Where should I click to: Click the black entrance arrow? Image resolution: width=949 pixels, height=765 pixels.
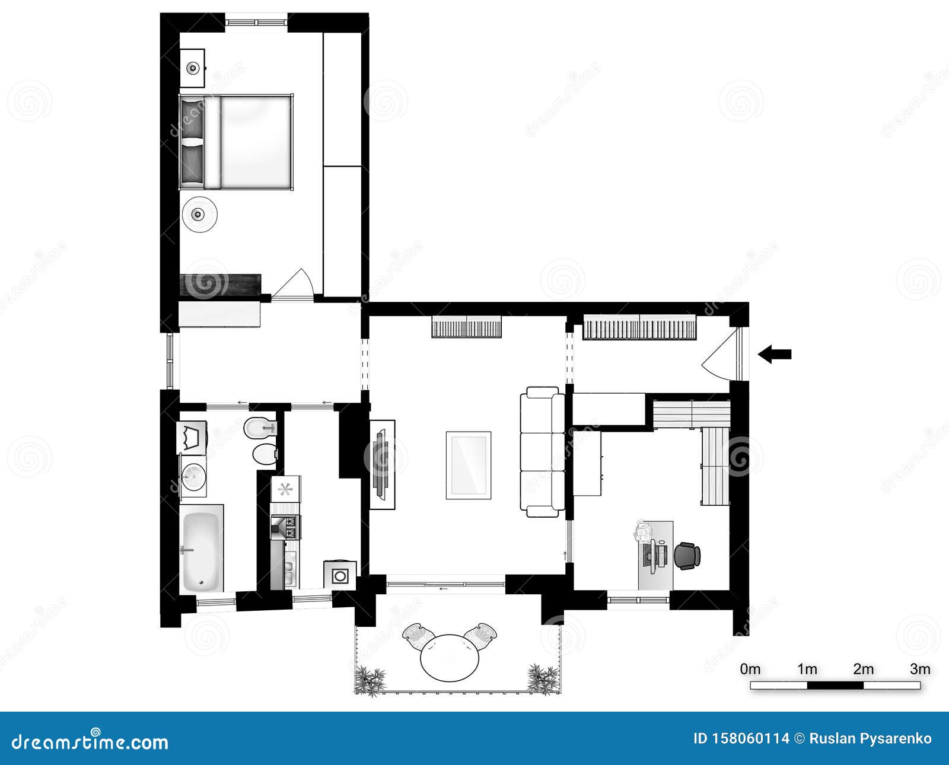774,354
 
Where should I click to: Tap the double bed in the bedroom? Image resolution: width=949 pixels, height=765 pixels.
237,142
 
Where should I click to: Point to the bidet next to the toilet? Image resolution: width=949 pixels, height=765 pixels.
260,427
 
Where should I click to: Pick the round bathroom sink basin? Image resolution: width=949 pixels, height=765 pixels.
193,476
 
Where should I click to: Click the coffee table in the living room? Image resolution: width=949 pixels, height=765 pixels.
469,465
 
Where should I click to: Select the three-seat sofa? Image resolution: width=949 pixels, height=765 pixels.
543,452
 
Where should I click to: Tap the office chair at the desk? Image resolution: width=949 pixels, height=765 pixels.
688,556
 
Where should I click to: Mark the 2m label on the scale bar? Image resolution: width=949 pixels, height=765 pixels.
863,670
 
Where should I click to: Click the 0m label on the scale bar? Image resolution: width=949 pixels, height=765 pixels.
750,670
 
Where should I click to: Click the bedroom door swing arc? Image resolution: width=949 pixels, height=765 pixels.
297,283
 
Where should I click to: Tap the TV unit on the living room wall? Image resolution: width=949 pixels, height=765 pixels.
381,464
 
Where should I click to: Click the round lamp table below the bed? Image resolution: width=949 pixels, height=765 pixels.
200,214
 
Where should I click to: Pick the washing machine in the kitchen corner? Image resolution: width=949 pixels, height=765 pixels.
340,575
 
